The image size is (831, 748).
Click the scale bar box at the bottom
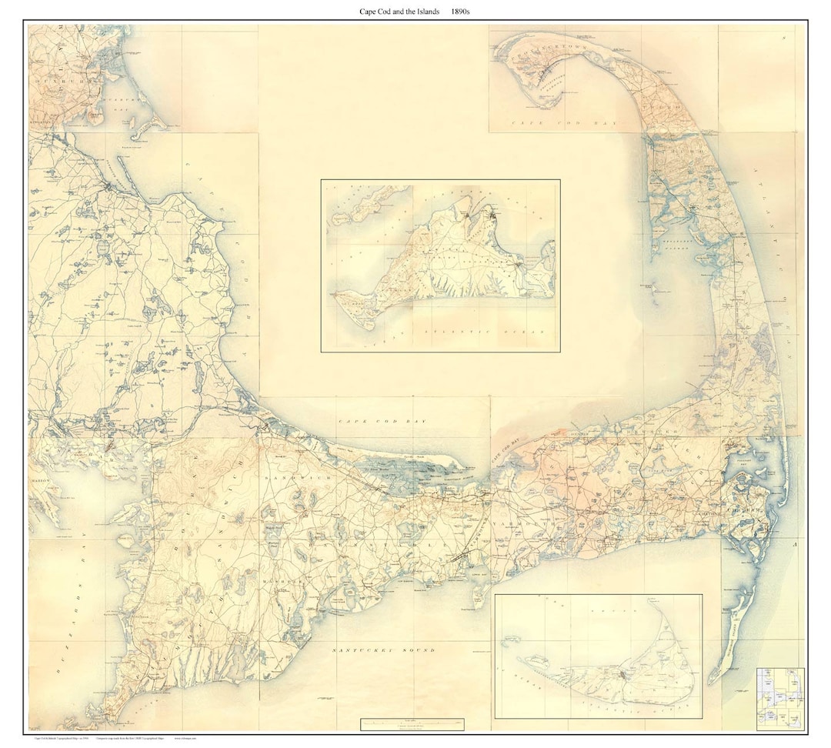(414, 724)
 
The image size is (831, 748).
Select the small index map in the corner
(779, 698)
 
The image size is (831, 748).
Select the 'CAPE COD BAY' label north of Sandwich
(382, 422)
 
